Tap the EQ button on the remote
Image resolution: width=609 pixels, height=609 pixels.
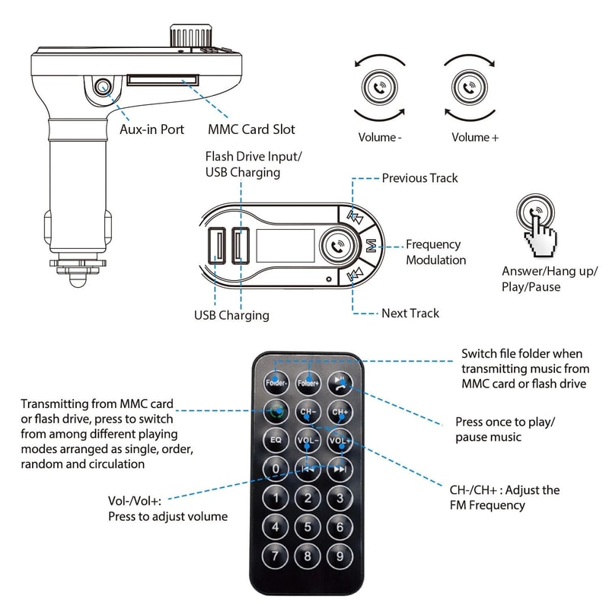click(276, 440)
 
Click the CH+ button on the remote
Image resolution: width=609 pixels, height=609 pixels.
click(340, 412)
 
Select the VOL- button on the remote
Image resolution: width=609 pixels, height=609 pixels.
click(308, 440)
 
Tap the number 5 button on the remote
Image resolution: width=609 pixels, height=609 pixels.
click(308, 527)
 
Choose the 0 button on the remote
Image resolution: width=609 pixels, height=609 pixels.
click(276, 469)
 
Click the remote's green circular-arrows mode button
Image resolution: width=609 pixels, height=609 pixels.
click(276, 412)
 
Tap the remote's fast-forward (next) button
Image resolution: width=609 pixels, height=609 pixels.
click(340, 469)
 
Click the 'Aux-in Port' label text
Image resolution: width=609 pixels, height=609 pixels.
click(152, 129)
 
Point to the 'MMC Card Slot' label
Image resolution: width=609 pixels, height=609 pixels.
click(251, 129)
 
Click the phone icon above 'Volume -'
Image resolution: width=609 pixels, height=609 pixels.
click(380, 88)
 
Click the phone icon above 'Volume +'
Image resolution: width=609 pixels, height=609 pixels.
click(464, 88)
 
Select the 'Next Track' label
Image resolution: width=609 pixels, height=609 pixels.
click(410, 313)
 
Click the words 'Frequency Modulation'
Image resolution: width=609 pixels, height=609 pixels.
click(435, 252)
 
